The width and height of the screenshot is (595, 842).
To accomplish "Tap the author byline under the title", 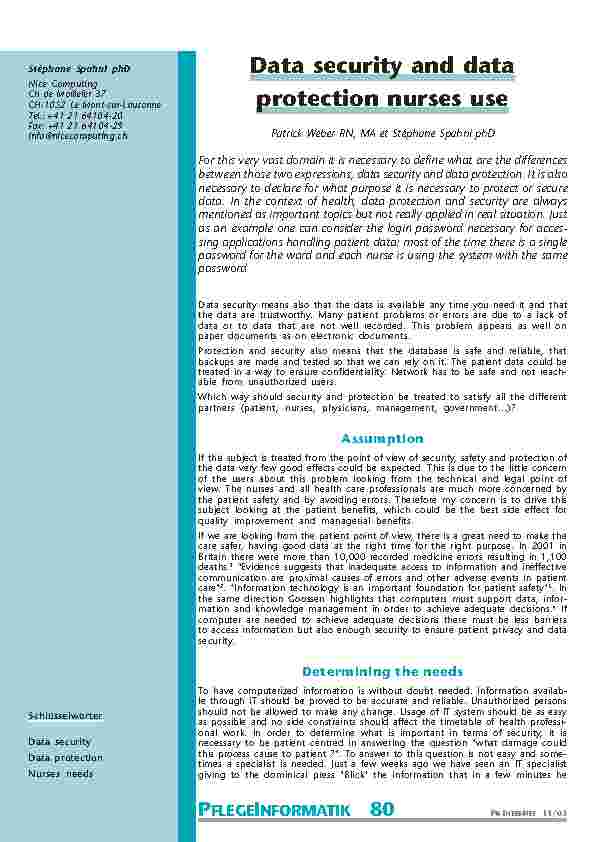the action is pyautogui.click(x=381, y=133).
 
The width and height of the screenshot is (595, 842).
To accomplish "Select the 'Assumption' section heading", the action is pyautogui.click(x=382, y=438).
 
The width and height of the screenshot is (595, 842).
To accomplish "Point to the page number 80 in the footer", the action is pyautogui.click(x=382, y=810).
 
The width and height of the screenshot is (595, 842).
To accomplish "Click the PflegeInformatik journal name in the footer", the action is pyautogui.click(x=272, y=811).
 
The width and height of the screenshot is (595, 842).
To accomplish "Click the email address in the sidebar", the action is pyautogui.click(x=77, y=135).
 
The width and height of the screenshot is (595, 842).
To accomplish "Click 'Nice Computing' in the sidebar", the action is pyautogui.click(x=56, y=84).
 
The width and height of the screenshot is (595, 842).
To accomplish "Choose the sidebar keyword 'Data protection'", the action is pyautogui.click(x=65, y=757).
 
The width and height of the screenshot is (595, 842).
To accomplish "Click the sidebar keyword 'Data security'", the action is pyautogui.click(x=59, y=742).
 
